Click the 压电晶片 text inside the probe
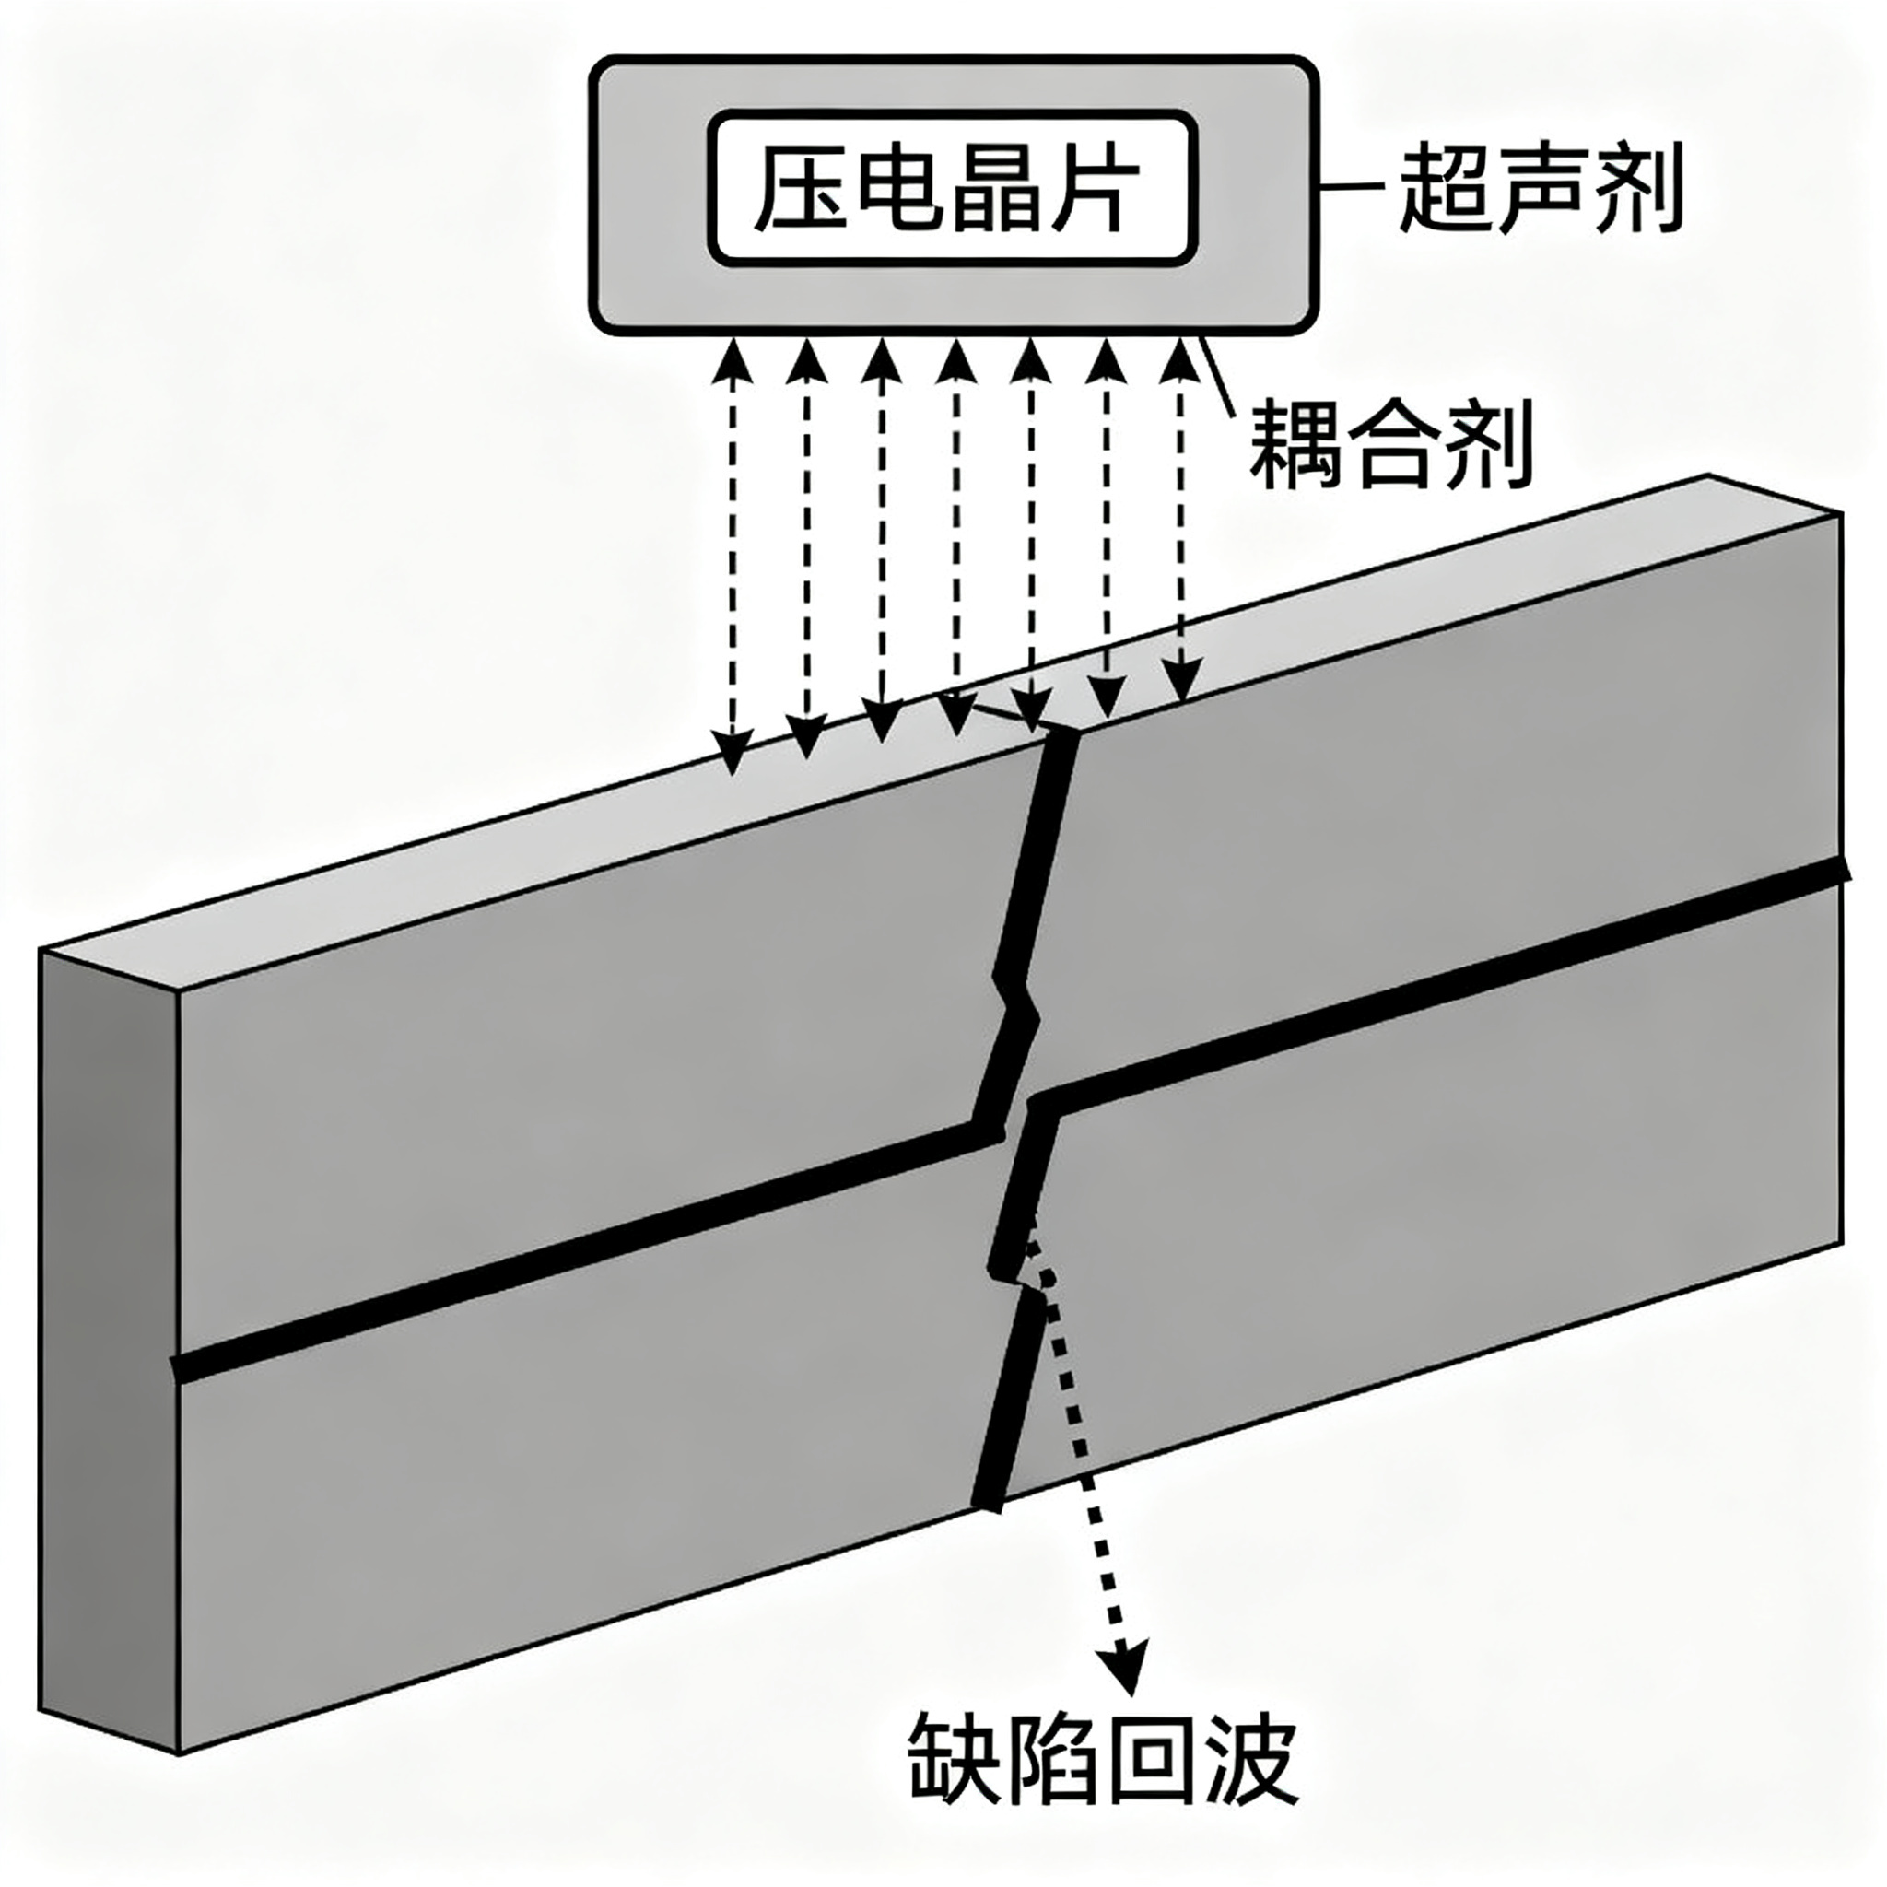[x=953, y=188]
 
